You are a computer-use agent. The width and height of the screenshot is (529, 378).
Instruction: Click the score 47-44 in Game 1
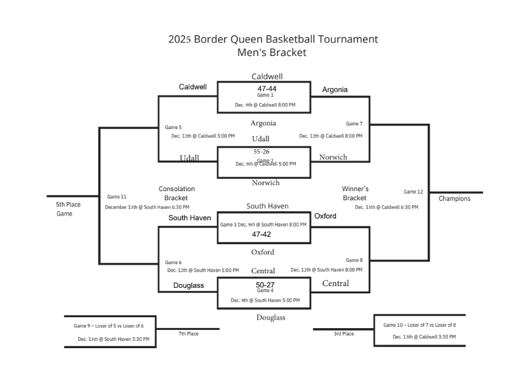click(x=267, y=88)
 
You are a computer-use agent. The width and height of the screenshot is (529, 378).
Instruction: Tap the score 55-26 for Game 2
click(x=262, y=151)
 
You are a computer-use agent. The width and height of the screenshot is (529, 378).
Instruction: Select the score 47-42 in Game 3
click(x=261, y=234)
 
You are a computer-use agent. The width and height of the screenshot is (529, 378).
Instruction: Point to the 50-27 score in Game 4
click(x=265, y=284)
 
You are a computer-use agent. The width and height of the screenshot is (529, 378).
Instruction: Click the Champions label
click(x=454, y=198)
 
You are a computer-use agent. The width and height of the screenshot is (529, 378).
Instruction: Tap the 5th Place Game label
click(x=68, y=209)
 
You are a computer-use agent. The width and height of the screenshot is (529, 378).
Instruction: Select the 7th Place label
click(x=188, y=334)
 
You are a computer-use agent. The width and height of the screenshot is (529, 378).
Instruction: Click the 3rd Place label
click(x=343, y=334)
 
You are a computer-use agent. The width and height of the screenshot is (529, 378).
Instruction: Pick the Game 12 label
click(x=413, y=192)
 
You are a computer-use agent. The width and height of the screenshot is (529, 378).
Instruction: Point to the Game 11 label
click(x=116, y=197)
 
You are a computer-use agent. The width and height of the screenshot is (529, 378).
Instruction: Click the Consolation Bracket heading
click(x=177, y=193)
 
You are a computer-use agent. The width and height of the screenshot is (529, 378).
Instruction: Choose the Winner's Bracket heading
click(x=355, y=193)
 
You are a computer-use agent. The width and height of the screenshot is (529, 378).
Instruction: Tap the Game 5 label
click(x=173, y=127)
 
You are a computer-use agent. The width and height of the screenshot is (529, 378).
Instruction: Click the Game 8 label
click(x=354, y=260)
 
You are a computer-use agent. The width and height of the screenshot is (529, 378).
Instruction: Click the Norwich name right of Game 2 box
click(x=333, y=157)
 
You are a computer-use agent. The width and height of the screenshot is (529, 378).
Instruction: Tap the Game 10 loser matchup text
click(x=419, y=325)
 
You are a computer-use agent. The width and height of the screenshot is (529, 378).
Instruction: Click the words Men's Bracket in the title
click(x=272, y=53)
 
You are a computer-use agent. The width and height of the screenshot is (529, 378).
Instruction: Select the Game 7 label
click(x=354, y=124)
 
